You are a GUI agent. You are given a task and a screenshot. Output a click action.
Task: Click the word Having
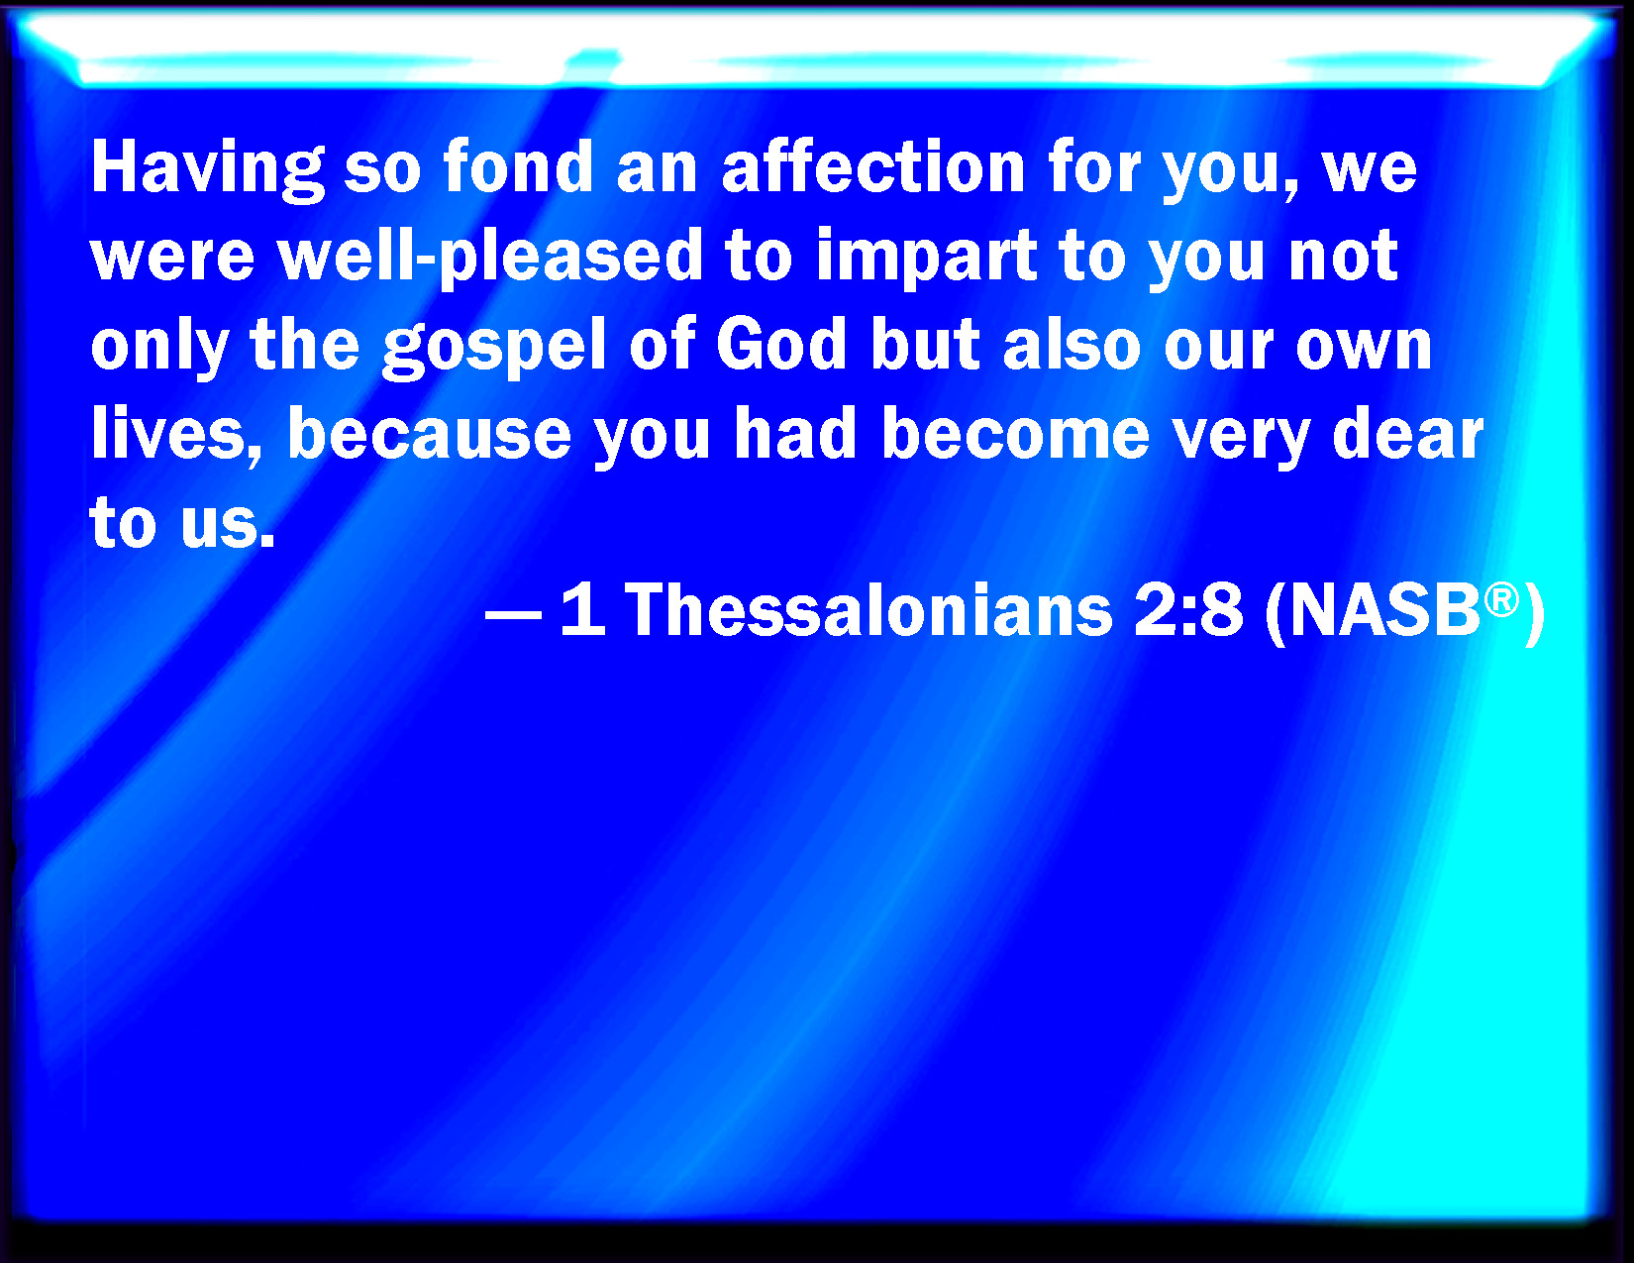(208, 170)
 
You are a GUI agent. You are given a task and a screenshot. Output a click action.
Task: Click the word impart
(926, 258)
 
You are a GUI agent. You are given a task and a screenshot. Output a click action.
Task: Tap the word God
(781, 344)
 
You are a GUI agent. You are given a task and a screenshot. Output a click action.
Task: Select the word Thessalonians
(868, 610)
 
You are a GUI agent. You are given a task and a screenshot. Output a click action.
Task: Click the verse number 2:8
(1188, 610)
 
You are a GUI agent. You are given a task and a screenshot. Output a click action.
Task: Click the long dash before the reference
(514, 614)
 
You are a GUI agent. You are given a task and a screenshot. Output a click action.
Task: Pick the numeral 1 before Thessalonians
(583, 610)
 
